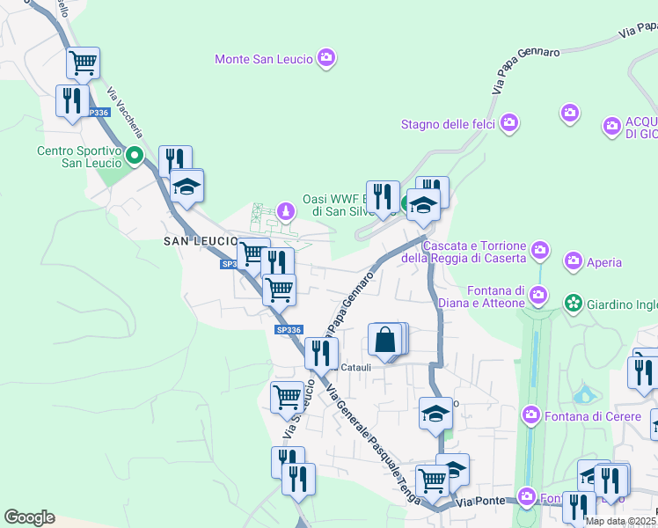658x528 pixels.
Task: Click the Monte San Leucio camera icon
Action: coord(327,59)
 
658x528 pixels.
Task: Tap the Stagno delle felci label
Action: coord(448,124)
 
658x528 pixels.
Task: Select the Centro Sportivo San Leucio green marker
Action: coord(135,158)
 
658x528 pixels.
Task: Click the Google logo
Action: coord(29,517)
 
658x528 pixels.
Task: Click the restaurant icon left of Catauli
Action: coord(321,353)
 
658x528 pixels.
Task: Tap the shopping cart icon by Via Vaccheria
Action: coord(83,62)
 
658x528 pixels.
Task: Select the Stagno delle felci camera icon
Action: coord(508,124)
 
